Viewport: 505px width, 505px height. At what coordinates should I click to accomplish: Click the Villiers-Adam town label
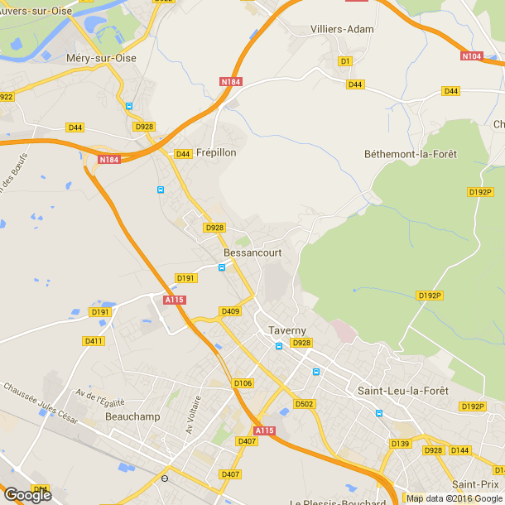pos(342,29)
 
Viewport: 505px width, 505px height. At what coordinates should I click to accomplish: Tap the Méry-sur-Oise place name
pos(100,58)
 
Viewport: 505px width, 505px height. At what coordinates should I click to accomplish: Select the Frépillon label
pos(216,153)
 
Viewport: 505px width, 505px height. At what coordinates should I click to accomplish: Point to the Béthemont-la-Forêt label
pos(411,155)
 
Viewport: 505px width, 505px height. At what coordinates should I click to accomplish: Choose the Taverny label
pos(287,330)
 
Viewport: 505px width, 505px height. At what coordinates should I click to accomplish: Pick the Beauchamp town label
pos(132,416)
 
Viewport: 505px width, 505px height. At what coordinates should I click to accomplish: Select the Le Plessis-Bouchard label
pos(338,502)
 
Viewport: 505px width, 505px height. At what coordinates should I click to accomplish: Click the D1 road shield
pos(346,61)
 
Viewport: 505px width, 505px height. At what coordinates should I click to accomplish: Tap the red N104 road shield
pos(472,56)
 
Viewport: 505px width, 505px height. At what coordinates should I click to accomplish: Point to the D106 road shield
pos(243,383)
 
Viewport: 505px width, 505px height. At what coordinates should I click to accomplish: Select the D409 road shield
pos(230,311)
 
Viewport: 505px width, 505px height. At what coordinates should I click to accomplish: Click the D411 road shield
pos(94,341)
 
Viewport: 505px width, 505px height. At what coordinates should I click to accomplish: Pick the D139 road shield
pos(400,445)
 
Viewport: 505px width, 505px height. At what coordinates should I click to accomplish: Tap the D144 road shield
pos(460,450)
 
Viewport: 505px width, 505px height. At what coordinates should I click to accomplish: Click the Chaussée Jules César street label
pos(41,402)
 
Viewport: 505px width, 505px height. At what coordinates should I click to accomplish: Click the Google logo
pos(27,494)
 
